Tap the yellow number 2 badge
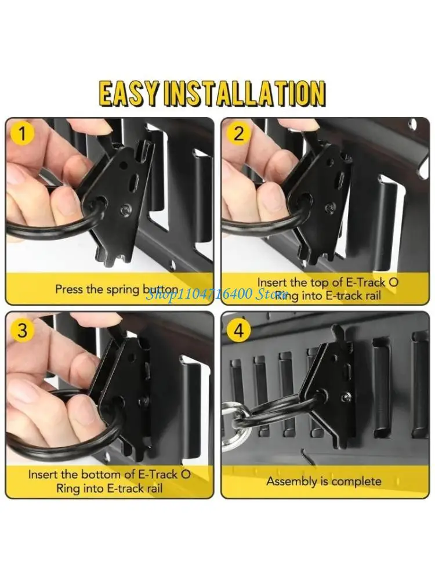click(238, 135)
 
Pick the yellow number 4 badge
click(238, 331)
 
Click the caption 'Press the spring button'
click(108, 288)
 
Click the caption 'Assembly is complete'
click(324, 481)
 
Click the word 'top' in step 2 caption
click(318, 282)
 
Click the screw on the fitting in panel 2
click(331, 207)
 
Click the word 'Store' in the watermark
click(271, 294)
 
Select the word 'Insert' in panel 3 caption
click(43, 474)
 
